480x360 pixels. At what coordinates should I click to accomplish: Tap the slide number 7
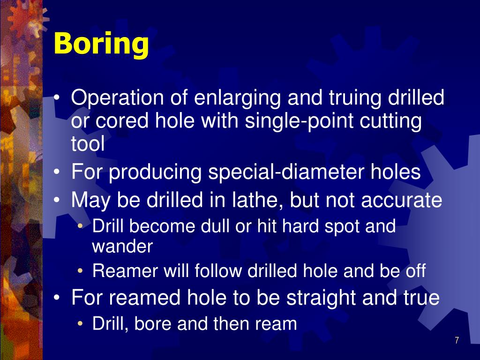457,340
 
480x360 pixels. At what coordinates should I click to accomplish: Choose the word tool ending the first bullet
88,144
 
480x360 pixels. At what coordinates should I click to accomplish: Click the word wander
122,246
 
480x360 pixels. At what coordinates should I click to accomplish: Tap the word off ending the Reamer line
414,271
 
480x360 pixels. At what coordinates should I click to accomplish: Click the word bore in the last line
151,324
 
